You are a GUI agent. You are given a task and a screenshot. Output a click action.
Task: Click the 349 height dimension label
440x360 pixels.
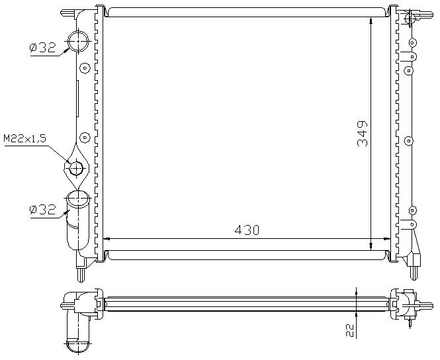363,134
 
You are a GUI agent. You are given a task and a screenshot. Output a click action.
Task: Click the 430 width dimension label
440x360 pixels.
247,230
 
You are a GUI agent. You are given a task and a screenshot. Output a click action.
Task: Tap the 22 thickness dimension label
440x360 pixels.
349,330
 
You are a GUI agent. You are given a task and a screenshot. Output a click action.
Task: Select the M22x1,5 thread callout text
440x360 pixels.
24,138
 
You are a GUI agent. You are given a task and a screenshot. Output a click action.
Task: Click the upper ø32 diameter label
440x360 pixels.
42,48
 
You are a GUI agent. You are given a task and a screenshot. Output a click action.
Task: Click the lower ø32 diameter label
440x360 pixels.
42,210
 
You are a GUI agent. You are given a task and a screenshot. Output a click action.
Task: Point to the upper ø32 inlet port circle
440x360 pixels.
78,41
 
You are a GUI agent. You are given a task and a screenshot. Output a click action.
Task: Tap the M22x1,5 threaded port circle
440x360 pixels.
76,168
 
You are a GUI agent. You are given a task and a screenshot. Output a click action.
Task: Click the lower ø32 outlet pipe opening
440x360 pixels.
78,199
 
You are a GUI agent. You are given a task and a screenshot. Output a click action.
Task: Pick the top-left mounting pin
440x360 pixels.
67,13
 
